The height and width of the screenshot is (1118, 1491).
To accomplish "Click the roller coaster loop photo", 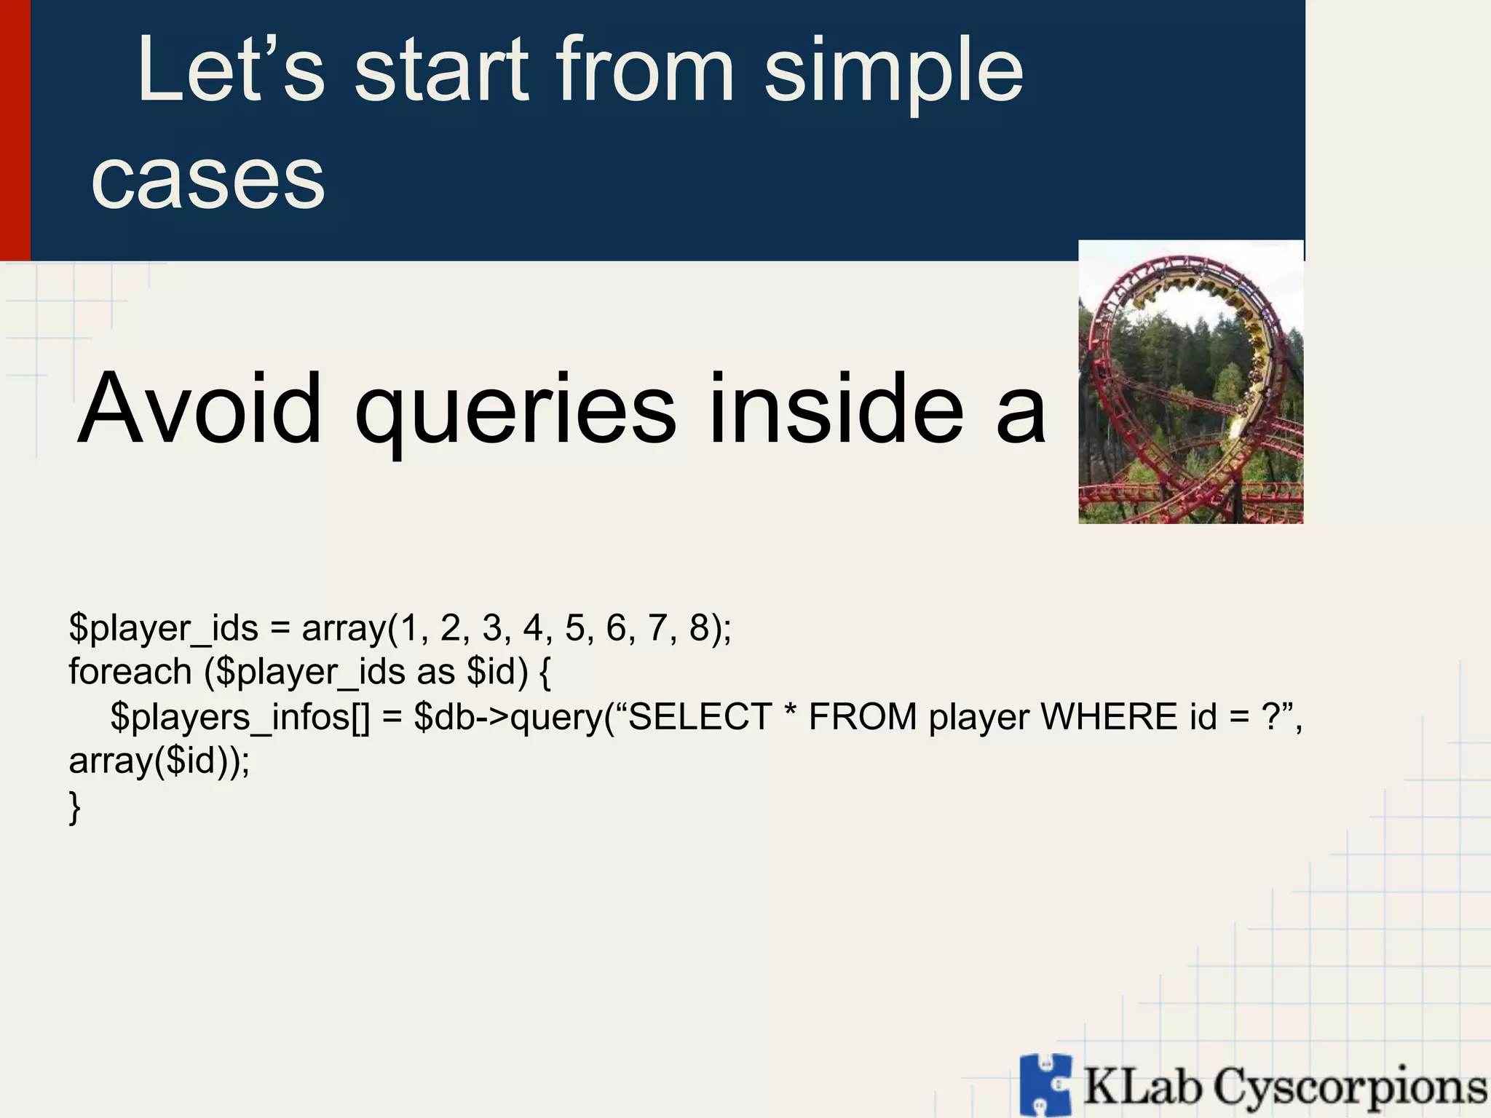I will click(x=1190, y=382).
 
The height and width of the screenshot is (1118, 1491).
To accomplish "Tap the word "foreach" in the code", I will click(x=130, y=671).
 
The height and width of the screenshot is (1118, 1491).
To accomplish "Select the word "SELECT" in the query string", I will click(x=700, y=717).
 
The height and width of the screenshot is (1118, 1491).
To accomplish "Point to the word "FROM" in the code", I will click(x=863, y=717).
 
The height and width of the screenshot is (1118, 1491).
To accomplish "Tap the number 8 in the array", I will click(x=699, y=628).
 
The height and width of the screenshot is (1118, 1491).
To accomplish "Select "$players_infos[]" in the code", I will click(x=240, y=718).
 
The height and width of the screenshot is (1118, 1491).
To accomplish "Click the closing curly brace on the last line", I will click(x=74, y=807).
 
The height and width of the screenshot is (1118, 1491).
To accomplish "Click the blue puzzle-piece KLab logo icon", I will click(x=1045, y=1085).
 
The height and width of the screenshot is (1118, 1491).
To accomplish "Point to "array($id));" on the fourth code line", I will click(x=159, y=761).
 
